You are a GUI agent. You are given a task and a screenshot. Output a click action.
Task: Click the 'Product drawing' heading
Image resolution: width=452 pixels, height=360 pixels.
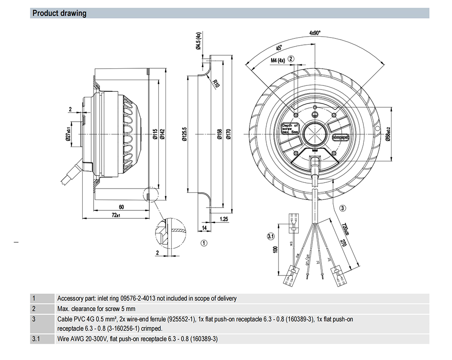coord(59,13)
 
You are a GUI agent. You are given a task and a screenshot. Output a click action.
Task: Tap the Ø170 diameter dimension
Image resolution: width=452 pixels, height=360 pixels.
coord(229,134)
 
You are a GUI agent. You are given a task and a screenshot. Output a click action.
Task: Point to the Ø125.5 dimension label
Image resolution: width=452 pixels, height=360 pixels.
coord(184,134)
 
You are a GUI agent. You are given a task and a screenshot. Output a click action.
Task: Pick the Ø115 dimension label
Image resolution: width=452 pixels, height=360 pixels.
coord(153,134)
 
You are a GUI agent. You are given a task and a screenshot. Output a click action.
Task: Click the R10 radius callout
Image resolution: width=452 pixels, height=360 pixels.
coord(217,83)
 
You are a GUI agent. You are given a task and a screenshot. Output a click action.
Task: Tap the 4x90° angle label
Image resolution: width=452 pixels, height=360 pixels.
coord(315,33)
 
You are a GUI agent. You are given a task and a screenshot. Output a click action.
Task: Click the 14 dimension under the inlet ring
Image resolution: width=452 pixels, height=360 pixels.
coord(204,228)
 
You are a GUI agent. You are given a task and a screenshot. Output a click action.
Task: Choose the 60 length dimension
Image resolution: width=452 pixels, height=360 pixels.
coord(121,207)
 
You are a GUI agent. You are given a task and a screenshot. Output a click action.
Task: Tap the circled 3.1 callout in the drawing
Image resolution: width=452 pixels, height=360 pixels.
coord(271,237)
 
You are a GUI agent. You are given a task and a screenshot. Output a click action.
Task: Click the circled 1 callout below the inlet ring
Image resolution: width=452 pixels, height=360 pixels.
coord(204,243)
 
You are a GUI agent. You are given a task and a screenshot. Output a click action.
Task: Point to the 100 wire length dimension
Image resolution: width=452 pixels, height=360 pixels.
coord(276,250)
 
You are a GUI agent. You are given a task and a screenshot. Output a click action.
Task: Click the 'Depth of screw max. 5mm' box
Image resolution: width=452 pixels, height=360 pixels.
coord(290,128)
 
